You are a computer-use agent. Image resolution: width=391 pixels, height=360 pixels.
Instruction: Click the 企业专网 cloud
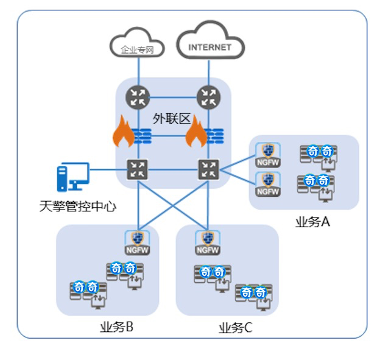point(138,48)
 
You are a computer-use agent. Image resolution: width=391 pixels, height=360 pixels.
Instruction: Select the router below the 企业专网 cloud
point(138,96)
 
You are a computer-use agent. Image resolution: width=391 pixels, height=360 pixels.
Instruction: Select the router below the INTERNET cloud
point(208,96)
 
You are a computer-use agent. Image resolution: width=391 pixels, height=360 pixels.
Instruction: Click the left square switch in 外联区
point(138,169)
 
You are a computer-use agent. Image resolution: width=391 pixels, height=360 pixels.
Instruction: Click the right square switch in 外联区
point(208,169)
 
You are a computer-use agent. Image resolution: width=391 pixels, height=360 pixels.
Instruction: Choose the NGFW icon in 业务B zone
point(138,242)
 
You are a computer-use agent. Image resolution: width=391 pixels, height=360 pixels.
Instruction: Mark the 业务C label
point(235,328)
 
